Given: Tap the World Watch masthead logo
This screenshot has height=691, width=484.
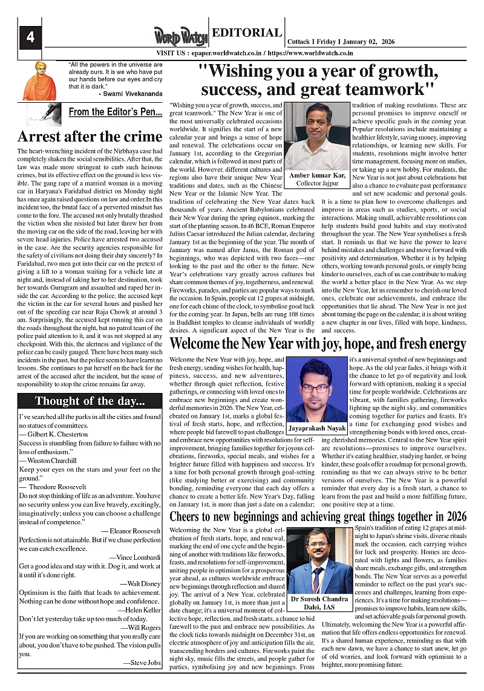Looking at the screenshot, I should point(180,36).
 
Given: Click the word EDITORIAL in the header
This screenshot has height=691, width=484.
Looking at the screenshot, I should point(247,33).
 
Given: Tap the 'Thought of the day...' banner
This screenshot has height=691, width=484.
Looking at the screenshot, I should point(89,401).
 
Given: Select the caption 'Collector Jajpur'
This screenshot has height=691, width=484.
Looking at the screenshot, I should point(317,183).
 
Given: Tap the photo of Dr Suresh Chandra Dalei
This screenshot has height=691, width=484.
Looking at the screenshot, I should point(318,562).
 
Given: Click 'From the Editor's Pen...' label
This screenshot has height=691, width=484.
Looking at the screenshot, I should point(115,112).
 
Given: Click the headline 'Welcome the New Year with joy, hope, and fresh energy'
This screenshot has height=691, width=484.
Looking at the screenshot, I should point(318,343).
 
